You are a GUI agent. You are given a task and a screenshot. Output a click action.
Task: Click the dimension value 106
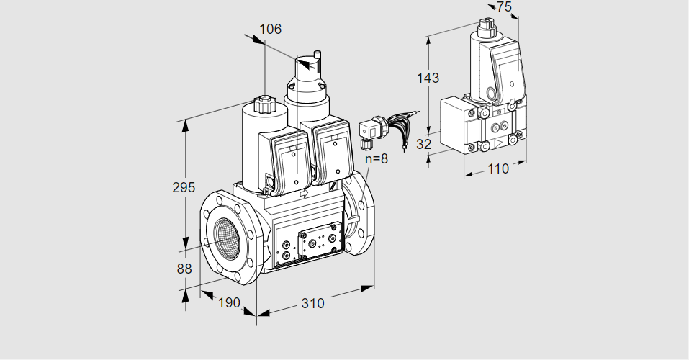tap(270, 30)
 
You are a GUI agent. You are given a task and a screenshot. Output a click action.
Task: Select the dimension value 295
tap(184, 187)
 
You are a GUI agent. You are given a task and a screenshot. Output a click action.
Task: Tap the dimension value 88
tap(184, 269)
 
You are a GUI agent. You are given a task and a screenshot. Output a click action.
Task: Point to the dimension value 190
tap(228, 302)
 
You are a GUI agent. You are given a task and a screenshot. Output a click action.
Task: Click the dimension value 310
tap(312, 303)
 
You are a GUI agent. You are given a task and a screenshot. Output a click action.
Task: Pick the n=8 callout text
tap(377, 159)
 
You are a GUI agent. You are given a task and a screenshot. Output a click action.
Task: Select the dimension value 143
tap(428, 78)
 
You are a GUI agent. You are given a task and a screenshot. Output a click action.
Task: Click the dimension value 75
tap(505, 6)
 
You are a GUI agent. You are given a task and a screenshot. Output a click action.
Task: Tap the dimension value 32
tap(424, 144)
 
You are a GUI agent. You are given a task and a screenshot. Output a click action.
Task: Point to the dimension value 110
tap(497, 168)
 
